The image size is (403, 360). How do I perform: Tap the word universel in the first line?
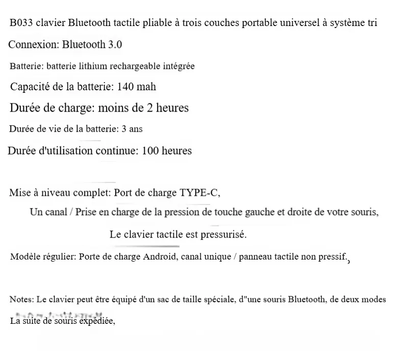(300, 23)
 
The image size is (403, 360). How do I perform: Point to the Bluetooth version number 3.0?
(115, 45)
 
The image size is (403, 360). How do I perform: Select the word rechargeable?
(143, 67)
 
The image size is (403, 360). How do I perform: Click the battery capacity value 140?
(125, 87)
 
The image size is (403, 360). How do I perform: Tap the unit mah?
(146, 87)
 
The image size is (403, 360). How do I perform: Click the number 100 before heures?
(150, 151)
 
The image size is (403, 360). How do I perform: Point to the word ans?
(136, 129)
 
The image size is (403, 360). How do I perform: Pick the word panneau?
(256, 257)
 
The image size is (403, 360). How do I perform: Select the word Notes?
(21, 300)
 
